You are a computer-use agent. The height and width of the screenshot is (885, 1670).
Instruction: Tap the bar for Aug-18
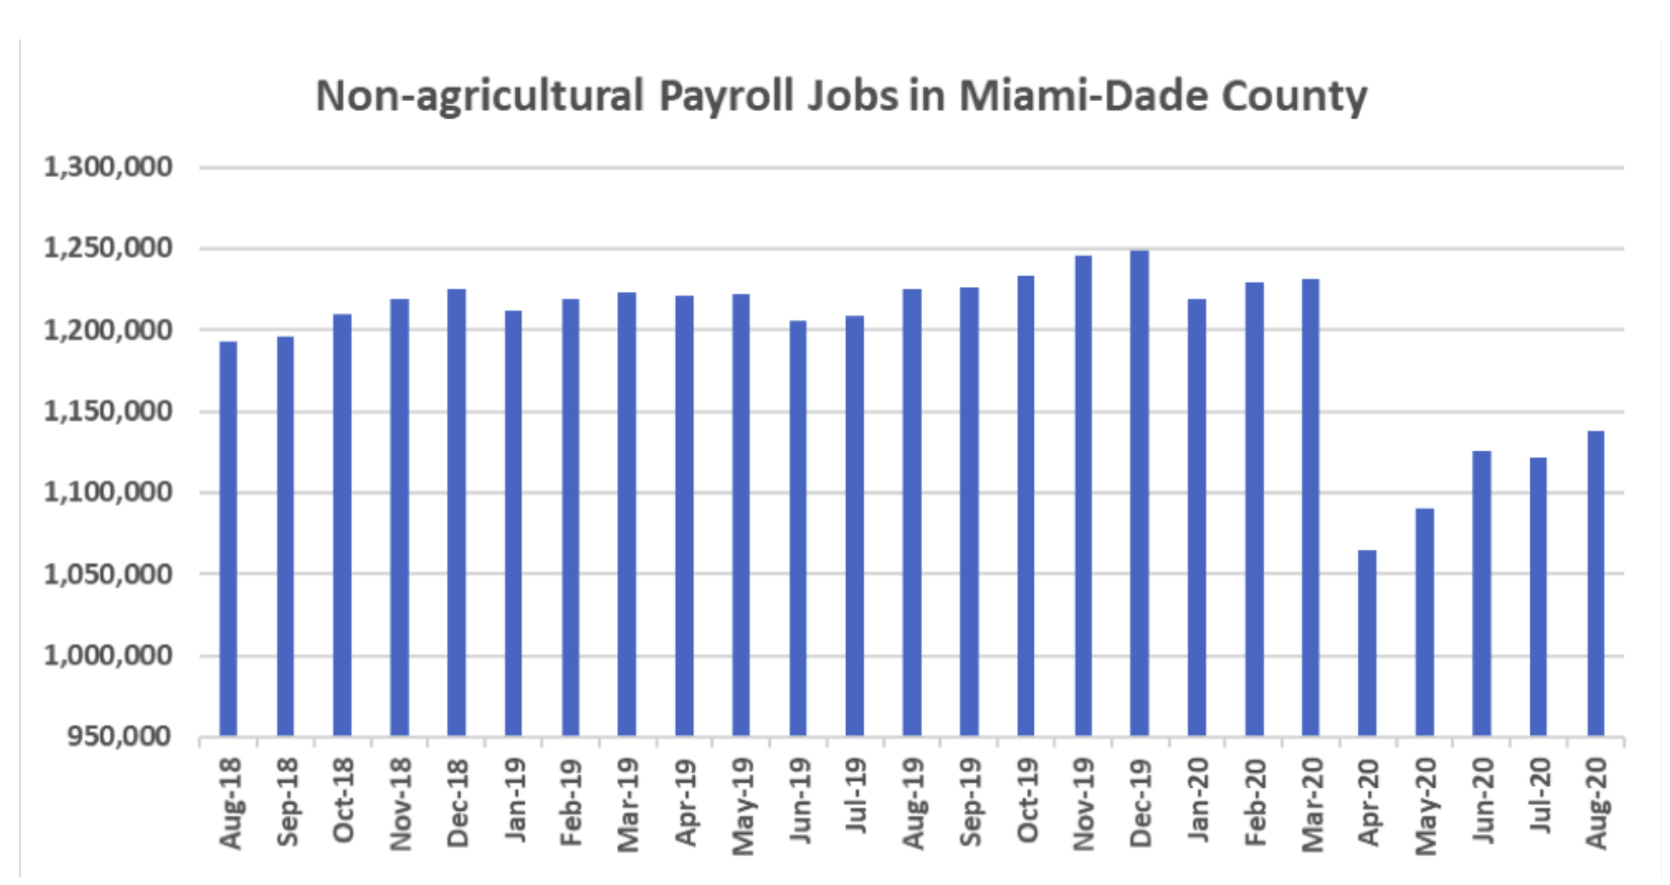[x=228, y=539]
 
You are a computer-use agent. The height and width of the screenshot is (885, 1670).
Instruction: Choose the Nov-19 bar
[x=1083, y=496]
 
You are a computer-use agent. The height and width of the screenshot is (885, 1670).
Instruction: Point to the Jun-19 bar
[x=798, y=529]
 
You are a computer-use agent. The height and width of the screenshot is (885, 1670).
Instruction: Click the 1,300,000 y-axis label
[x=108, y=168]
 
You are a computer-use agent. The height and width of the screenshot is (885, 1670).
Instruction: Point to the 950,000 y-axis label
[x=119, y=737]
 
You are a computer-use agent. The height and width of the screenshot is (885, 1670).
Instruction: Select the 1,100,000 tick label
[x=108, y=492]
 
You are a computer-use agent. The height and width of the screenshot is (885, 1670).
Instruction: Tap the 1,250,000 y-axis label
[x=108, y=248]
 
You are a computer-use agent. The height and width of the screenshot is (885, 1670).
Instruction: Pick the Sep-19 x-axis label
[x=970, y=802]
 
